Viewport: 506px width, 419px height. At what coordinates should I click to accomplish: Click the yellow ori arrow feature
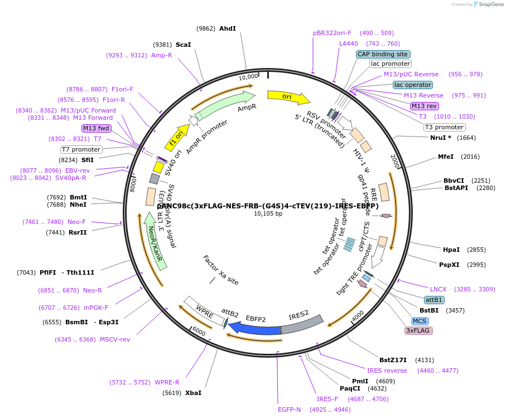(x=288, y=97)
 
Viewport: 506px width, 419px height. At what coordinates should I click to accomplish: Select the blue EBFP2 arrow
(x=254, y=329)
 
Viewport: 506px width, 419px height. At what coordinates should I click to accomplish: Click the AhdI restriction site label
(x=228, y=28)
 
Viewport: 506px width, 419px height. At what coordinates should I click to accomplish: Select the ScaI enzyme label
(x=183, y=45)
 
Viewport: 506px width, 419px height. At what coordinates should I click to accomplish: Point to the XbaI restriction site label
(x=193, y=393)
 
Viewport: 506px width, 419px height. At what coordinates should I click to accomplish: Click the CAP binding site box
(x=383, y=54)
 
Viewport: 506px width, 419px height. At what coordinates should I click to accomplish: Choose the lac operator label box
(x=412, y=85)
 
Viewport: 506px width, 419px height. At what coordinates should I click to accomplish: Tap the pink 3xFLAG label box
(x=418, y=330)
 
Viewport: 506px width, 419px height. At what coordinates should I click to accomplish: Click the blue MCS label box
(x=420, y=321)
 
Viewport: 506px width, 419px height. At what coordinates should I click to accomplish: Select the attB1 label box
(x=434, y=300)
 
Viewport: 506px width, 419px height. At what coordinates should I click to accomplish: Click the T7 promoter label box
(x=81, y=149)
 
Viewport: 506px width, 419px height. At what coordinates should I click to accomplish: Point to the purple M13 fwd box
(x=97, y=128)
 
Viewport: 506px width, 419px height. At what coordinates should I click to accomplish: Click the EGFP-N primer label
(x=289, y=410)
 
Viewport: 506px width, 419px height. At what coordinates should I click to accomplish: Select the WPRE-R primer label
(x=167, y=382)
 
